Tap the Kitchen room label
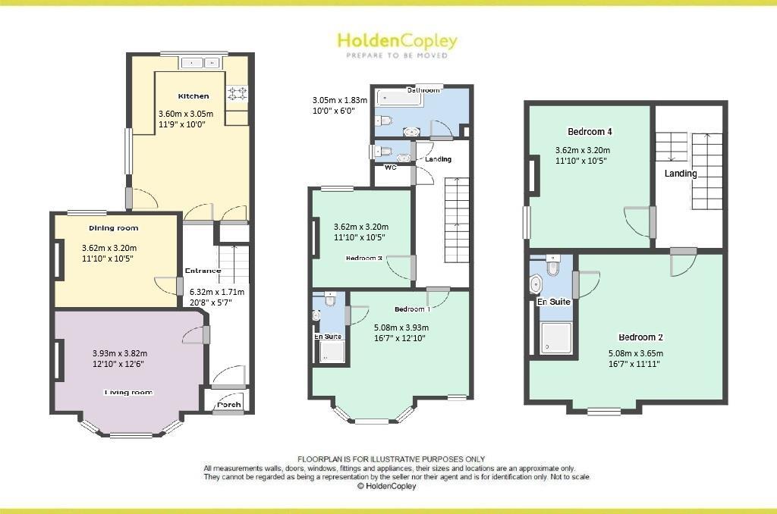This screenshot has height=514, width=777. (193, 96)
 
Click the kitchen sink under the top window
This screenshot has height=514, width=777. (202, 63)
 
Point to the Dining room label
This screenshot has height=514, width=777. (114, 227)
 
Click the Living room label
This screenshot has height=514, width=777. (128, 393)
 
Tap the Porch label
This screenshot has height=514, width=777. (229, 405)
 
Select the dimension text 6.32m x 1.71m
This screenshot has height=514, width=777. (217, 291)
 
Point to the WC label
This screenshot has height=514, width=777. (391, 168)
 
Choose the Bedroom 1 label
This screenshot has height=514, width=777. (412, 309)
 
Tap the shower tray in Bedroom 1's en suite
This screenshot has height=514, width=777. (332, 350)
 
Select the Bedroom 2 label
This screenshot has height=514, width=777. (641, 337)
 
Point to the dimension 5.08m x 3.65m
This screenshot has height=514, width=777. (636, 353)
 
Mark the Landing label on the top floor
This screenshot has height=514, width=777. (681, 174)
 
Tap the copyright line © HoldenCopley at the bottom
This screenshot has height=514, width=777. (386, 487)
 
